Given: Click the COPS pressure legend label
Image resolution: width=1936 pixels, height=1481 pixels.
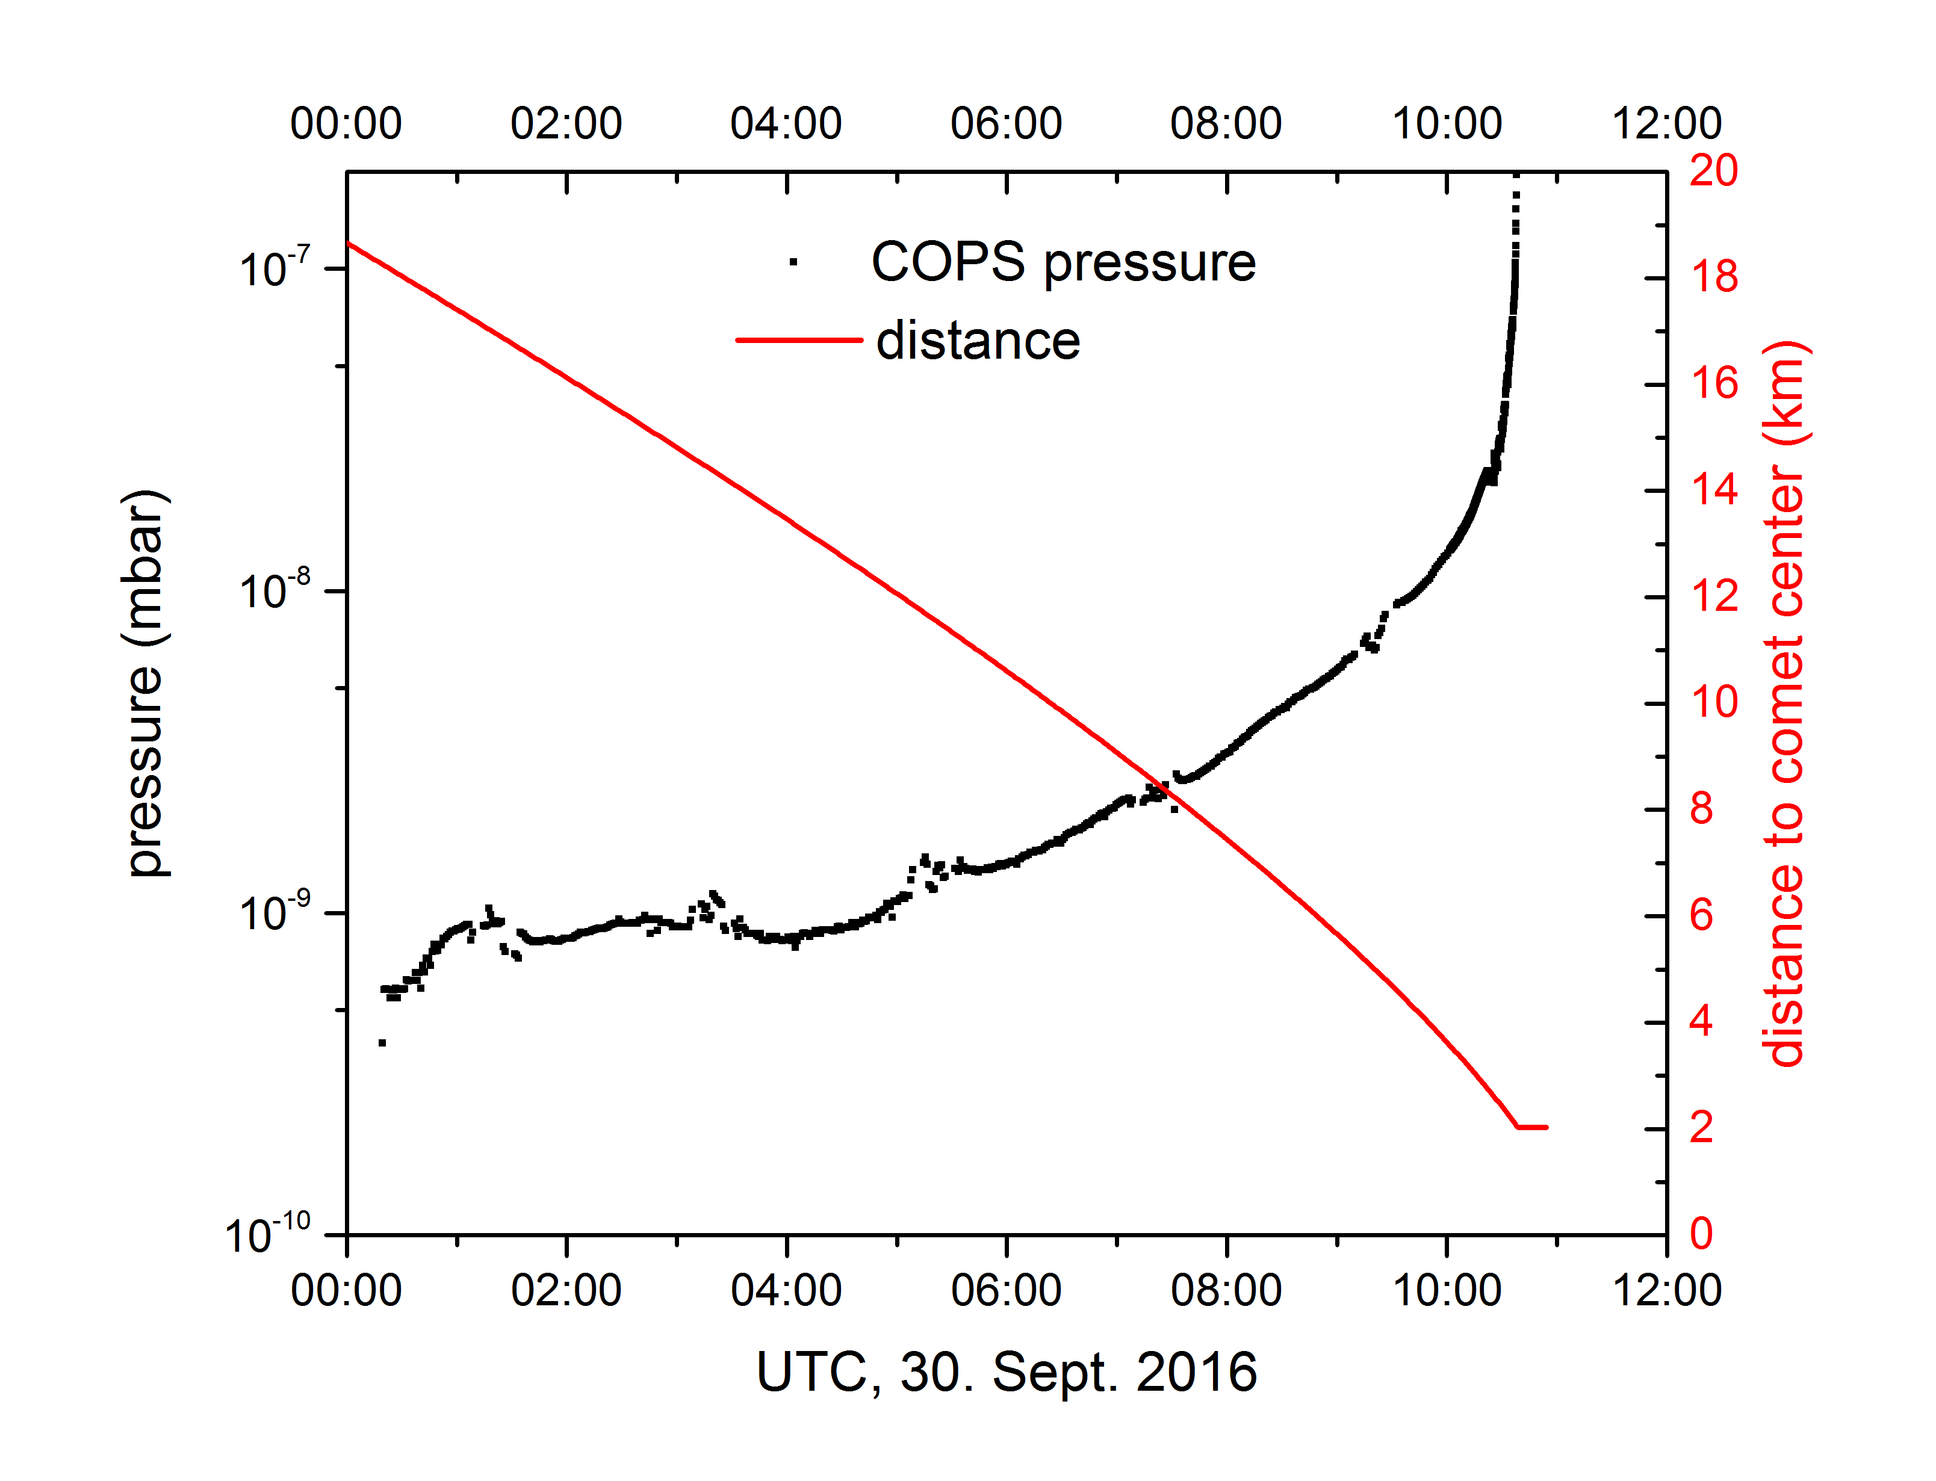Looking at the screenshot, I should click(x=1063, y=263).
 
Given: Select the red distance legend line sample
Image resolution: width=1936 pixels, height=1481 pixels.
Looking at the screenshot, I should click(x=799, y=340).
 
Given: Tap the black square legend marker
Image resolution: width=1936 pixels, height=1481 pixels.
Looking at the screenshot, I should click(x=793, y=262).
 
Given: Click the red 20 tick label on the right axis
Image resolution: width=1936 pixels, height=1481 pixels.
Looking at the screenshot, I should click(x=1713, y=170).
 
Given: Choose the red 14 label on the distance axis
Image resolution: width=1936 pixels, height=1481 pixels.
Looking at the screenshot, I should click(x=1713, y=489).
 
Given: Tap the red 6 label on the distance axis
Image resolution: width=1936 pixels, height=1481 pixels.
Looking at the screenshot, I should click(x=1701, y=915).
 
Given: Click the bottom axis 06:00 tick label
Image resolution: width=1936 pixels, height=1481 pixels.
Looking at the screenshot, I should click(x=1006, y=1291).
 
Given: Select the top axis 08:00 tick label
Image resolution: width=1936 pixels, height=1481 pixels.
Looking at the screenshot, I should click(x=1226, y=123).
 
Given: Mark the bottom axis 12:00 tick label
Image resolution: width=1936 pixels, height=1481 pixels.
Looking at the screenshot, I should click(x=1666, y=1291).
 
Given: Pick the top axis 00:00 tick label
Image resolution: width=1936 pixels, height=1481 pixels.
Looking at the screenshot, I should click(x=347, y=123).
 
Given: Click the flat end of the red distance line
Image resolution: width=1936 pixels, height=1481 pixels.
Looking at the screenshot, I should click(x=1532, y=1127).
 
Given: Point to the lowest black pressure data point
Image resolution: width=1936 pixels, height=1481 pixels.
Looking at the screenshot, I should click(x=382, y=1043).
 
